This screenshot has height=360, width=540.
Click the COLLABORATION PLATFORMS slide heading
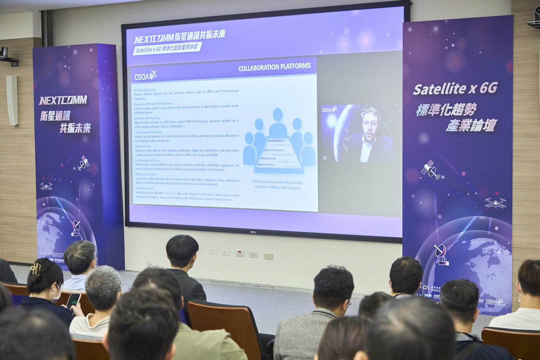point(274,67)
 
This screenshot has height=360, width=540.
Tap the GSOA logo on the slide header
point(145,76)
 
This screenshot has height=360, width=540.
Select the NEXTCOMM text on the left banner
point(63,100)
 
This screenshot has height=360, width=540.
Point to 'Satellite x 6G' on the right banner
point(455,89)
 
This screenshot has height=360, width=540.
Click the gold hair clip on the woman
point(36,269)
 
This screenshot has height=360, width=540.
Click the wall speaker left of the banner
point(12,100)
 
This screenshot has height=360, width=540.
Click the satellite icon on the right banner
point(430,170)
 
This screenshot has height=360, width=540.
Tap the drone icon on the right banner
point(495,203)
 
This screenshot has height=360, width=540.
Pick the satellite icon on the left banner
point(84,163)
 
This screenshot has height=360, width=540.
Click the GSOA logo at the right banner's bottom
point(495,302)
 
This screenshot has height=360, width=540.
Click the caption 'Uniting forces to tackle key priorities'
point(277,182)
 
